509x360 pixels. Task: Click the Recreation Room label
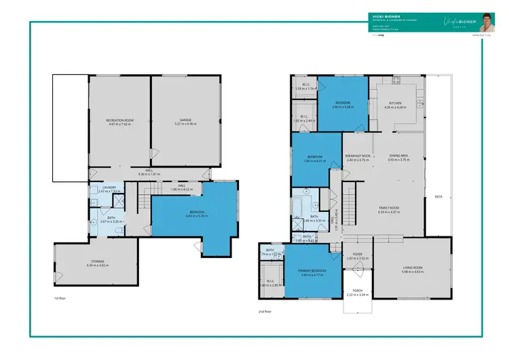[x=119, y=120]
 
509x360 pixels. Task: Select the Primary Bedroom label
[x=312, y=270]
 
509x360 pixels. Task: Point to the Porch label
[x=357, y=291]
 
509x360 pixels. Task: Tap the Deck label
[x=438, y=197]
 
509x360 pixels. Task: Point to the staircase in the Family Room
[x=350, y=201]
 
